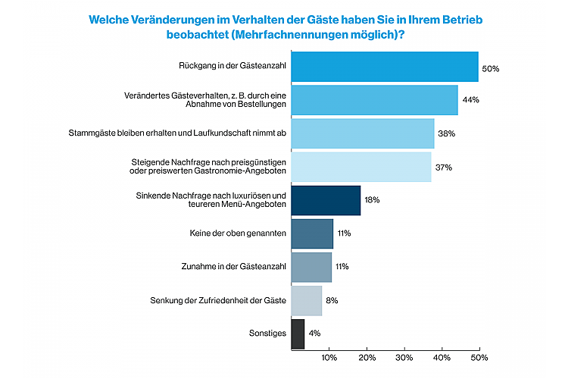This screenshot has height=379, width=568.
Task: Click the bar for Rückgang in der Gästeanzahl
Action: (385, 67)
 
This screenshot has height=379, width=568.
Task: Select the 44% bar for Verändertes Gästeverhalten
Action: (374, 100)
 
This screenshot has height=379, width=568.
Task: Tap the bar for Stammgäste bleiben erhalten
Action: (363, 133)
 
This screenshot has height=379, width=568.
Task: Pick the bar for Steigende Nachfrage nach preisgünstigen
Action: (361, 167)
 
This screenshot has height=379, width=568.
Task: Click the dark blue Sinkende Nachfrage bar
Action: (326, 200)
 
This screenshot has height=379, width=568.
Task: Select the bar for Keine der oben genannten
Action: (312, 233)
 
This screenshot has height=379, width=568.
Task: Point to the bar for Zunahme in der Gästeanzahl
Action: (311, 267)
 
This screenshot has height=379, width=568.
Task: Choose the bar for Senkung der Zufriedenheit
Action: (307, 301)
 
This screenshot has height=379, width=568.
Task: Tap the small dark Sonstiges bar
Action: (298, 334)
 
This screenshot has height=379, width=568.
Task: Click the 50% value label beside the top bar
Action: (491, 69)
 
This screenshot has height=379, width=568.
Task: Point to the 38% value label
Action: (446, 133)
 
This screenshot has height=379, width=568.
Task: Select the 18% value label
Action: (372, 200)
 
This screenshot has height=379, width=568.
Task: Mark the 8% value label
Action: (332, 301)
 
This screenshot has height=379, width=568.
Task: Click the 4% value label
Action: (315, 334)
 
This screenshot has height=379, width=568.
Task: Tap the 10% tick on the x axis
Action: (329, 357)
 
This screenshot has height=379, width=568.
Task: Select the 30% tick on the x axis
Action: (404, 357)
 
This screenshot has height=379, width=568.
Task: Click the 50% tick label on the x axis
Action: (479, 357)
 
